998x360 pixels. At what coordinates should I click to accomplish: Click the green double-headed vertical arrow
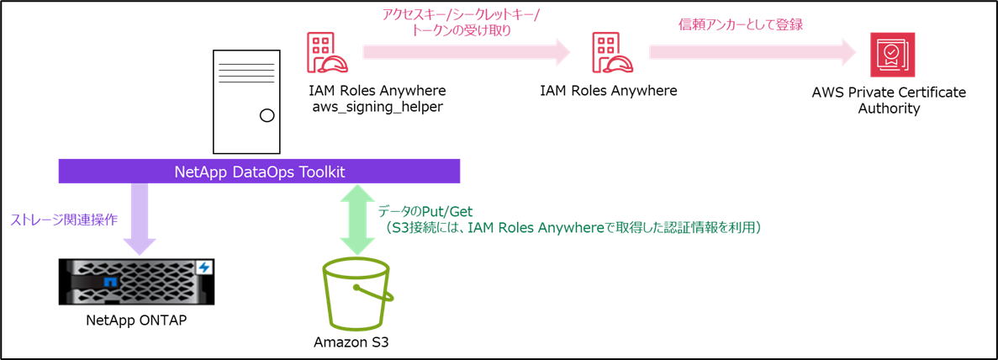click(357, 219)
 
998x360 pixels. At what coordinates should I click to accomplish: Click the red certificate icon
click(892, 55)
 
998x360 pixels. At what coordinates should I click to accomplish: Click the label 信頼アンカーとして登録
click(741, 24)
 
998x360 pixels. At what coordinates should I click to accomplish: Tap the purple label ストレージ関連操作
click(64, 220)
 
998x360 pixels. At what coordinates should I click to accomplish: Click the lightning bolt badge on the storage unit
click(203, 267)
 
